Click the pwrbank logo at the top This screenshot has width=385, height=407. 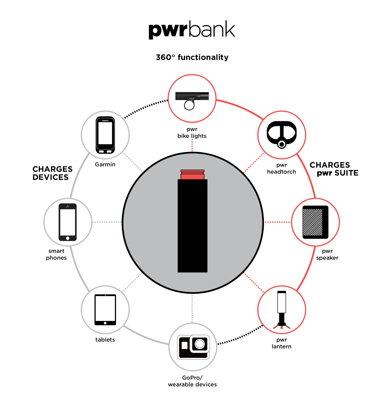point(192,30)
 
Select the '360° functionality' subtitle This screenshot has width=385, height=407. point(192,57)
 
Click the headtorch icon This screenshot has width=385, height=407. point(281,135)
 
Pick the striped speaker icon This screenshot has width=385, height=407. point(315,222)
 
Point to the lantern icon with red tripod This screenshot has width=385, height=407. point(281,310)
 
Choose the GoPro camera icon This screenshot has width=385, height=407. point(193,347)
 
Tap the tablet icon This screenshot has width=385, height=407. point(105,310)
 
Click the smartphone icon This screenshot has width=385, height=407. point(68,222)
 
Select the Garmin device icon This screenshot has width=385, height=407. point(105,135)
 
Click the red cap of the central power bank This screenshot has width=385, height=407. point(192,175)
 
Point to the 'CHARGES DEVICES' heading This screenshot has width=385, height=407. point(52,173)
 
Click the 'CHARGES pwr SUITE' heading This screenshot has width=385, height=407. point(334,169)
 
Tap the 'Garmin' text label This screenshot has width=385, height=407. point(105,164)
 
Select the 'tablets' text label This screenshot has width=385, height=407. point(105,340)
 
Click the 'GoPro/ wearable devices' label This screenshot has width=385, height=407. point(192,381)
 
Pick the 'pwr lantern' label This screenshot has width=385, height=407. point(281,343)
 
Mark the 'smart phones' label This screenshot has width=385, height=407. point(56,254)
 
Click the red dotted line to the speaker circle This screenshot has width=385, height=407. point(277,222)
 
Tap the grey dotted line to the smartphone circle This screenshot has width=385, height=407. point(107,222)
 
